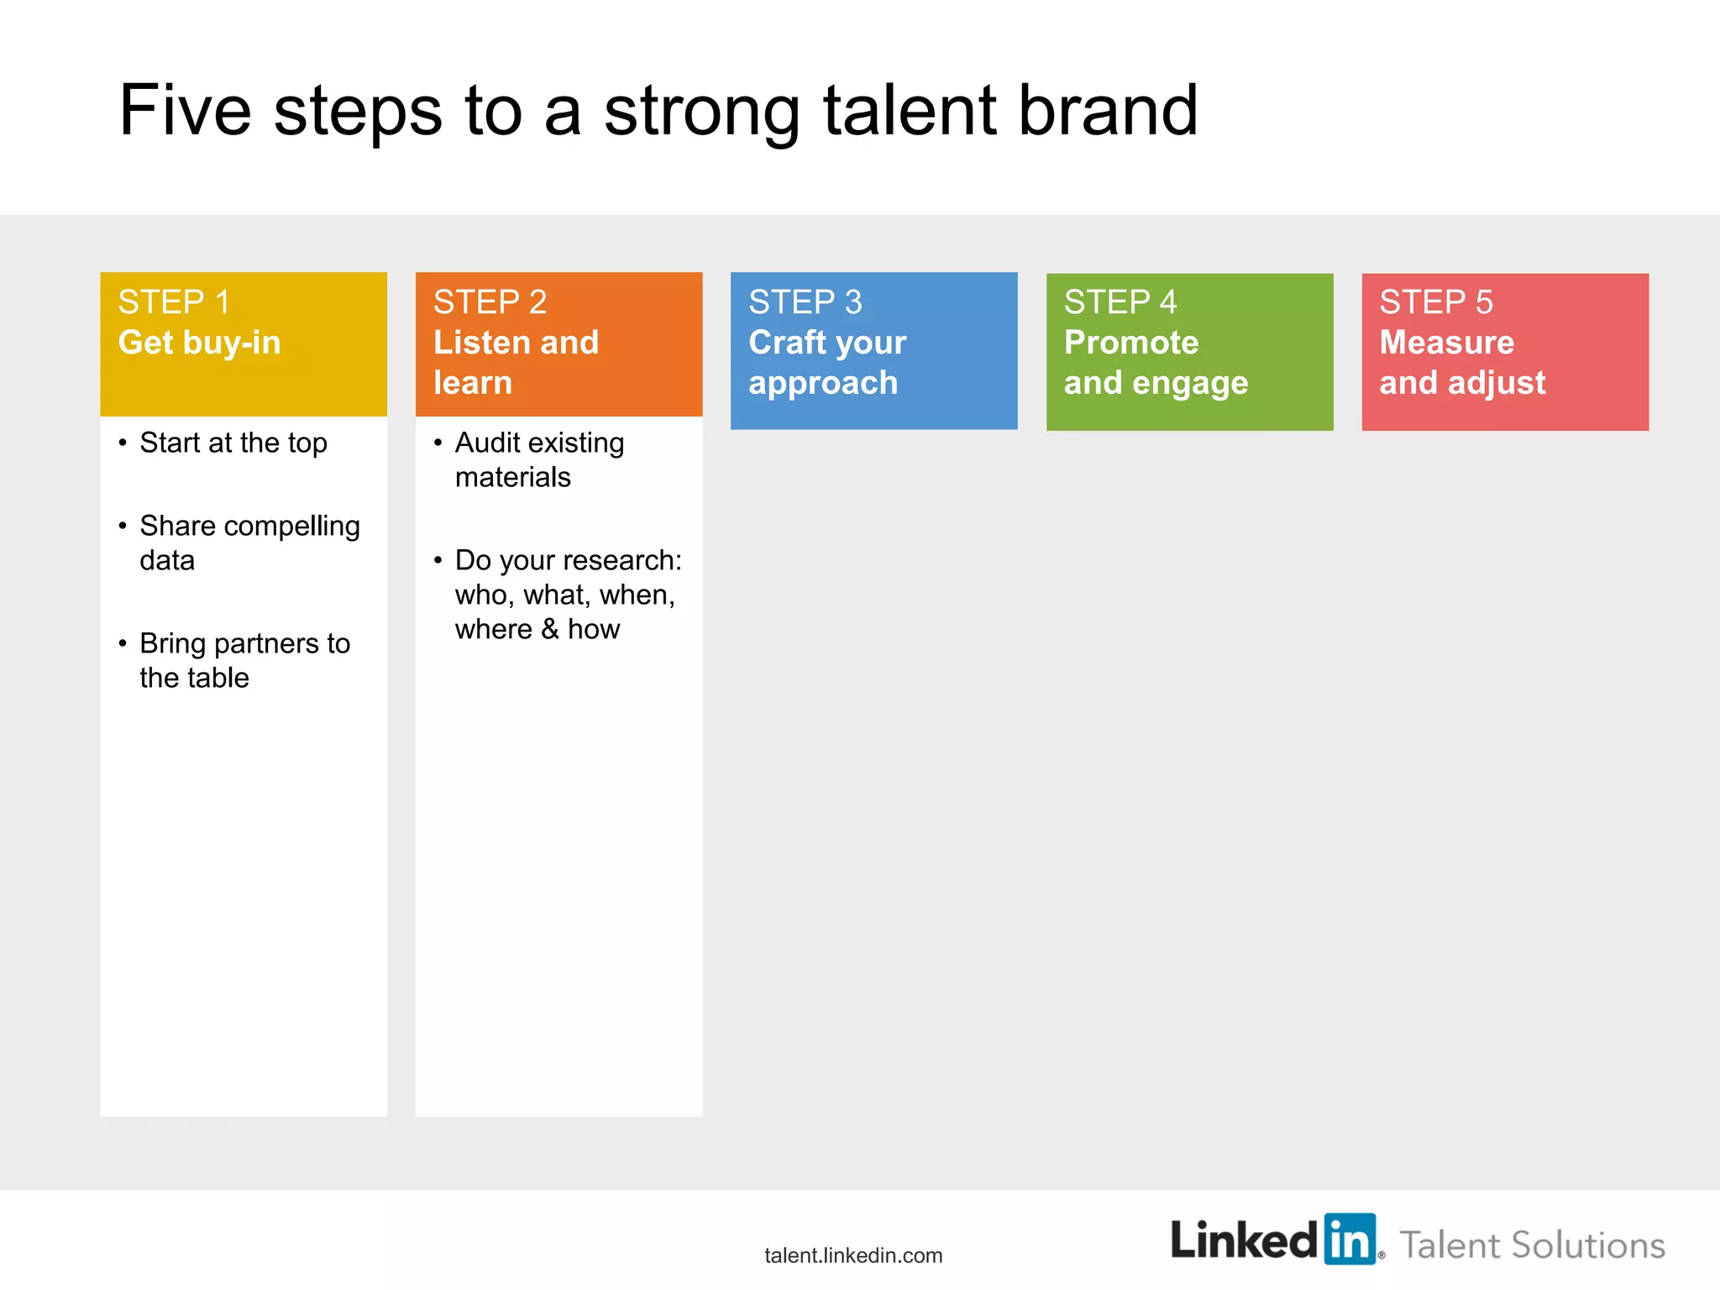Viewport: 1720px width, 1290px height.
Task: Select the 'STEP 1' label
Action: tap(174, 302)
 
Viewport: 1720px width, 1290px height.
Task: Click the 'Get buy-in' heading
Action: tap(199, 343)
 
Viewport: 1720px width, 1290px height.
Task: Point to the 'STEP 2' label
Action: tap(490, 302)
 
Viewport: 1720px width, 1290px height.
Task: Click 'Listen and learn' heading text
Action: tap(515, 363)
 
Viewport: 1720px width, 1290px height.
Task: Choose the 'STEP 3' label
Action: tap(805, 302)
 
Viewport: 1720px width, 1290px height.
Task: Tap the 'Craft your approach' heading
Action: tap(826, 363)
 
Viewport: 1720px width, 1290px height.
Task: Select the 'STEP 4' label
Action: tap(1120, 302)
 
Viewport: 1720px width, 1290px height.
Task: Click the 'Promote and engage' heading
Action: tap(1155, 363)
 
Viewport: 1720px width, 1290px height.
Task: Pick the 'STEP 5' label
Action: tap(1435, 302)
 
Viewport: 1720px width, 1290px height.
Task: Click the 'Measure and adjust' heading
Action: tap(1461, 363)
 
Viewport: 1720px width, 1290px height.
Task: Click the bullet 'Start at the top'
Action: tap(233, 443)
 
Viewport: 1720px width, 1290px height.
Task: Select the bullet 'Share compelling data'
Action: tap(249, 543)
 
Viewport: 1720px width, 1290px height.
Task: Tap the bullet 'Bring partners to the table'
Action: tap(244, 660)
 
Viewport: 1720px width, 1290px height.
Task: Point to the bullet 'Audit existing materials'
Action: tap(538, 459)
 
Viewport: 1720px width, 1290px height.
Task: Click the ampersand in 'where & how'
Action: tap(550, 629)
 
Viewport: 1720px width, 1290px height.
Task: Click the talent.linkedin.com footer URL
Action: tap(853, 1256)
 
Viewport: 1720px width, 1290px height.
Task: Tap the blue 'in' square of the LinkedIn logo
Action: tap(1350, 1239)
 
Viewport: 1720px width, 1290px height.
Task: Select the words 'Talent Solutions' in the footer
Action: tap(1532, 1245)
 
